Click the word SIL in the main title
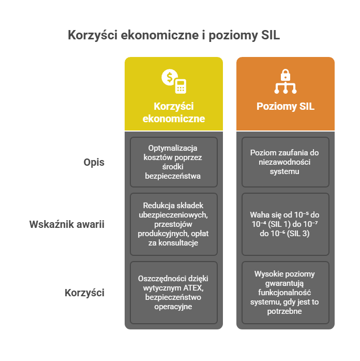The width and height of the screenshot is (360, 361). tap(271, 36)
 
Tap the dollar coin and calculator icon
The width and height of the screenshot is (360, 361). tap(174, 81)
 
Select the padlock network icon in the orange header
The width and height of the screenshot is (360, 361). tap(286, 81)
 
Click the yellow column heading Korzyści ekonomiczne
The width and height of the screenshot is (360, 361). tap(174, 112)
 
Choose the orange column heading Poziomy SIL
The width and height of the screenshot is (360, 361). tap(286, 107)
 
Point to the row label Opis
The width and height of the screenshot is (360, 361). tap(94, 162)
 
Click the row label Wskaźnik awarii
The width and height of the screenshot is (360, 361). tap(67, 225)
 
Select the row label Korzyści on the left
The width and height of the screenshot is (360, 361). tap(84, 293)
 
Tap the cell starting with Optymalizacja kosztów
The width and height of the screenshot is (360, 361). tap(174, 162)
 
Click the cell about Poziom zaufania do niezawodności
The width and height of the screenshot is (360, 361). tap(286, 162)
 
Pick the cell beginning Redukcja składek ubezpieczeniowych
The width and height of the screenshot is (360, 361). tap(174, 225)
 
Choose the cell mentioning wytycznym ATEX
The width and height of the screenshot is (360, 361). tap(174, 293)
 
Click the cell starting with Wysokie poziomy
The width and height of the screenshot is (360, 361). tap(286, 293)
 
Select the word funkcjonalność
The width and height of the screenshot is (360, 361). tap(286, 293)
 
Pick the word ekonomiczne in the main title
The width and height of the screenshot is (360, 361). tap(159, 36)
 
